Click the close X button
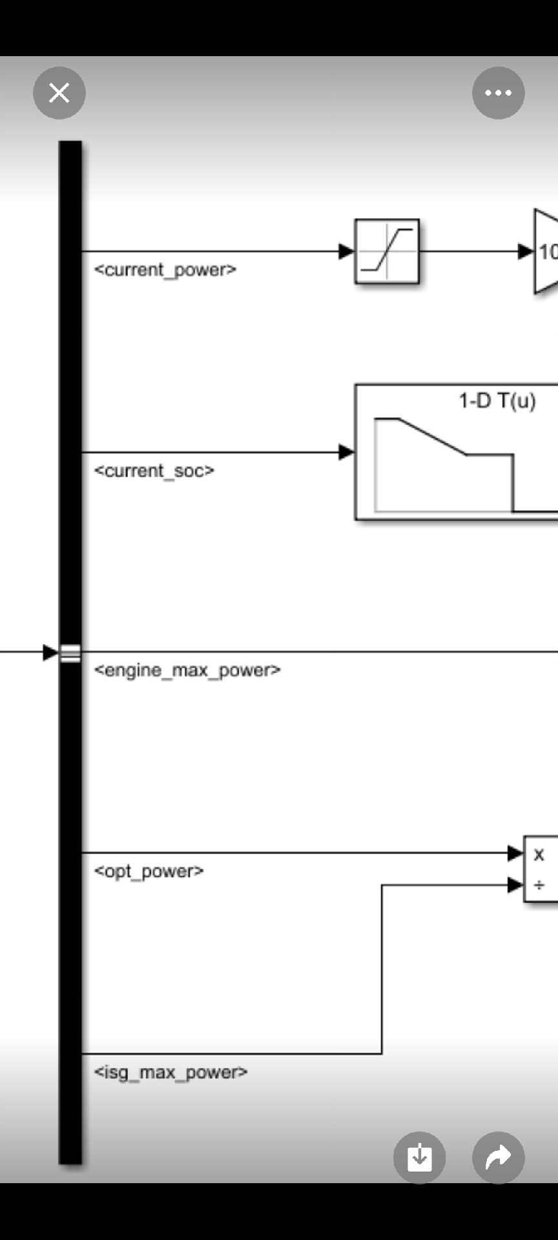(x=59, y=93)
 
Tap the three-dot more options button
(x=498, y=93)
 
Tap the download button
(x=419, y=1157)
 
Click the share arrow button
(x=498, y=1157)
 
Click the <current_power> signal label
(x=165, y=270)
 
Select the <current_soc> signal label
(x=154, y=471)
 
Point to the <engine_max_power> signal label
(x=187, y=670)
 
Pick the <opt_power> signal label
(x=149, y=871)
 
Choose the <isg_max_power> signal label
(x=170, y=1073)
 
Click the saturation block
(x=387, y=251)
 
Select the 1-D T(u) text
(x=497, y=401)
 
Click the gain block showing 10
(x=546, y=251)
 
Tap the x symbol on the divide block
(x=539, y=854)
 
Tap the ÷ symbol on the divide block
(x=539, y=885)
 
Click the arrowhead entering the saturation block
(x=346, y=251)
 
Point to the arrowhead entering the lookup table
(x=346, y=452)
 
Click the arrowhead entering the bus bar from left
(x=50, y=652)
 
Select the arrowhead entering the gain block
(x=526, y=251)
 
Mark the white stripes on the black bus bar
(x=70, y=653)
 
